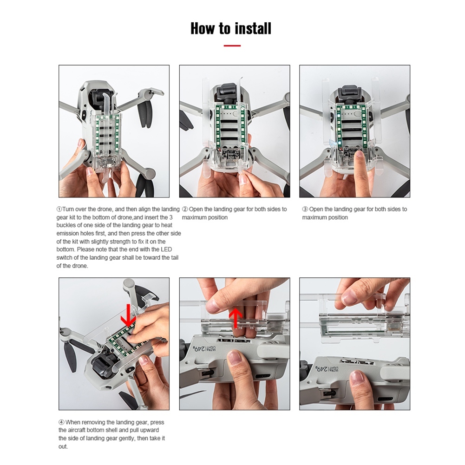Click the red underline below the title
(x=232, y=46)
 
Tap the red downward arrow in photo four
(x=128, y=315)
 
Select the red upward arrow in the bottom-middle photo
(x=236, y=318)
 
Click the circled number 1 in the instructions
(x=59, y=209)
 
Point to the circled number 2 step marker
(x=185, y=209)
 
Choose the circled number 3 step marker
(x=305, y=209)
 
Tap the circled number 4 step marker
(x=61, y=422)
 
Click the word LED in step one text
(x=166, y=249)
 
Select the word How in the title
(x=203, y=28)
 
